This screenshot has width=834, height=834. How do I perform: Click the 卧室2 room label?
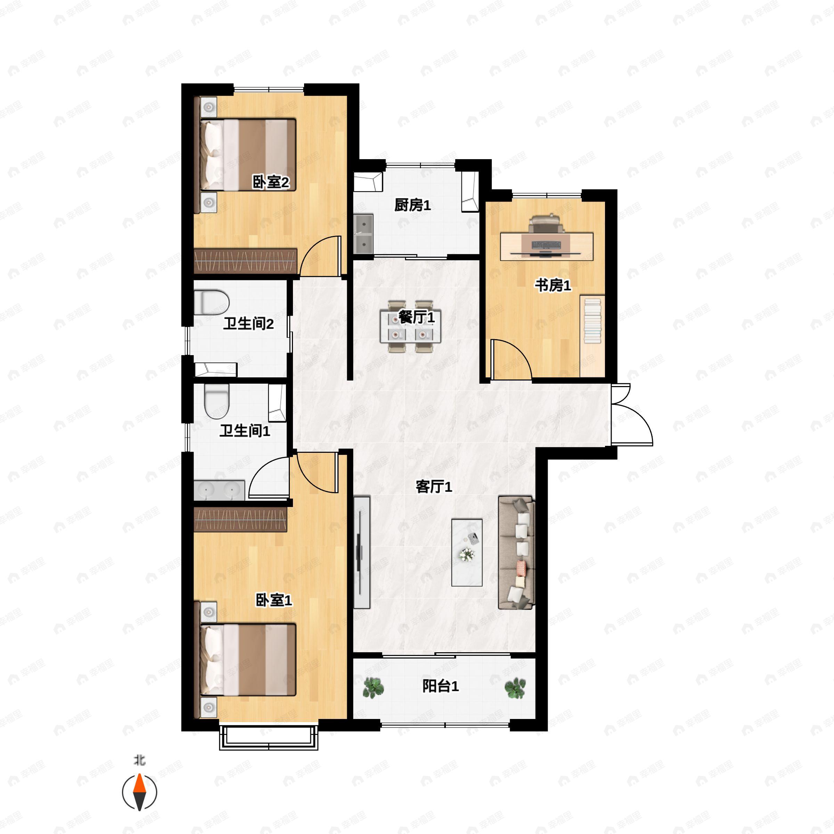tap(271, 182)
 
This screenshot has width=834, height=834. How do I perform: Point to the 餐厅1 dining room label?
tap(416, 317)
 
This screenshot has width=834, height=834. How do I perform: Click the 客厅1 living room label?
tap(433, 487)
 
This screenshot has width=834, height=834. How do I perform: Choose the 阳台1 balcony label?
tap(440, 686)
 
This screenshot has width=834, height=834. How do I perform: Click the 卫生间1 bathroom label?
tap(245, 431)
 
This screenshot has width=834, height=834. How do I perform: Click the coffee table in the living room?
tap(467, 553)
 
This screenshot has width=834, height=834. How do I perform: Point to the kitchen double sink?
tap(363, 234)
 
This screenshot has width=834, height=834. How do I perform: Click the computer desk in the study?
tap(547, 246)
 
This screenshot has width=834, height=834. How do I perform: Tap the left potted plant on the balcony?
tap(373, 687)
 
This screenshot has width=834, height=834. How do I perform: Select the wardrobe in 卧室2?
tap(246, 261)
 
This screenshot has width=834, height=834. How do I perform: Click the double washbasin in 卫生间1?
tap(219, 490)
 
